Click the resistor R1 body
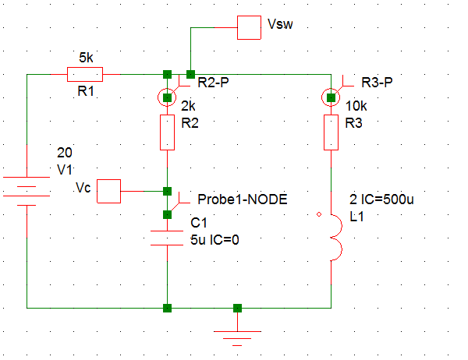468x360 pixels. pyautogui.click(x=85, y=74)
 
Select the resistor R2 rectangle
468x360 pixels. pyautogui.click(x=167, y=132)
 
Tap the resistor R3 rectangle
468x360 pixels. pyautogui.click(x=331, y=132)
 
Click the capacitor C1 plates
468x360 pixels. pyautogui.click(x=167, y=238)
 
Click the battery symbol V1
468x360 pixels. pyautogui.click(x=27, y=191)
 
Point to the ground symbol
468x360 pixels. pyautogui.click(x=237, y=338)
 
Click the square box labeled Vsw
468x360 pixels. pyautogui.click(x=250, y=27)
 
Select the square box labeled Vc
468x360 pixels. pyautogui.click(x=108, y=191)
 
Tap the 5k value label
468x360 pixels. pyautogui.click(x=86, y=58)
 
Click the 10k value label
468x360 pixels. pyautogui.click(x=356, y=106)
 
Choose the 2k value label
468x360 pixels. pyautogui.click(x=188, y=106)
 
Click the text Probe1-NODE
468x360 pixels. pyautogui.click(x=243, y=199)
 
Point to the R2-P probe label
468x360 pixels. pyautogui.click(x=214, y=83)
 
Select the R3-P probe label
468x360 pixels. pyautogui.click(x=377, y=83)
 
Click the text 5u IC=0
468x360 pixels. pyautogui.click(x=215, y=240)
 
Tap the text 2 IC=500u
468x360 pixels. pyautogui.click(x=381, y=199)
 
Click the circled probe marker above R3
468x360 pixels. pyautogui.click(x=331, y=97)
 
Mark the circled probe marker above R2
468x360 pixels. pyautogui.click(x=167, y=97)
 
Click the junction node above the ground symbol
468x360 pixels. pyautogui.click(x=237, y=308)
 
